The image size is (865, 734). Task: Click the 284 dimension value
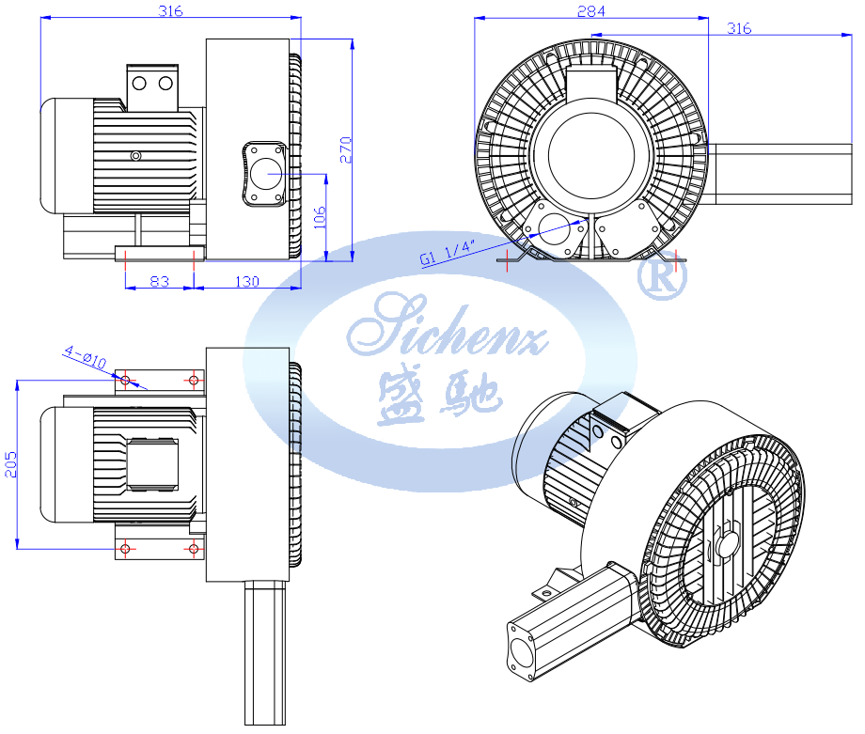point(590,11)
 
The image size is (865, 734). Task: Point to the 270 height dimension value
point(346,150)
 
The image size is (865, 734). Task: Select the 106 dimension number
point(320,217)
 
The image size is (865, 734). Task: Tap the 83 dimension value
point(160,281)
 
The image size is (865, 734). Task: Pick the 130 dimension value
point(247,281)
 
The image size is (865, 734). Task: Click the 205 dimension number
point(10,464)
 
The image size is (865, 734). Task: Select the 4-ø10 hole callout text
point(86,357)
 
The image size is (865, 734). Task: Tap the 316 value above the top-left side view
point(170,11)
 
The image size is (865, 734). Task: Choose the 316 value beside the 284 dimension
point(739,28)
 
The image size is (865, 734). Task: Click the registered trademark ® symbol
point(662,275)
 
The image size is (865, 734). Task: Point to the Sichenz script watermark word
point(447,325)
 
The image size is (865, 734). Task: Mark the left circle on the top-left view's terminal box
point(139,84)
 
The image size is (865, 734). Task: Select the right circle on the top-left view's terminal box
point(165,84)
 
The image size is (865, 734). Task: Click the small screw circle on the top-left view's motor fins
point(135,155)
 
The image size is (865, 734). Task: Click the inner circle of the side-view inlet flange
point(266,174)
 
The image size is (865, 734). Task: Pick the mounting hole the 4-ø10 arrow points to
point(125,380)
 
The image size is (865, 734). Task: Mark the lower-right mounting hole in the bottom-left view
point(193,549)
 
